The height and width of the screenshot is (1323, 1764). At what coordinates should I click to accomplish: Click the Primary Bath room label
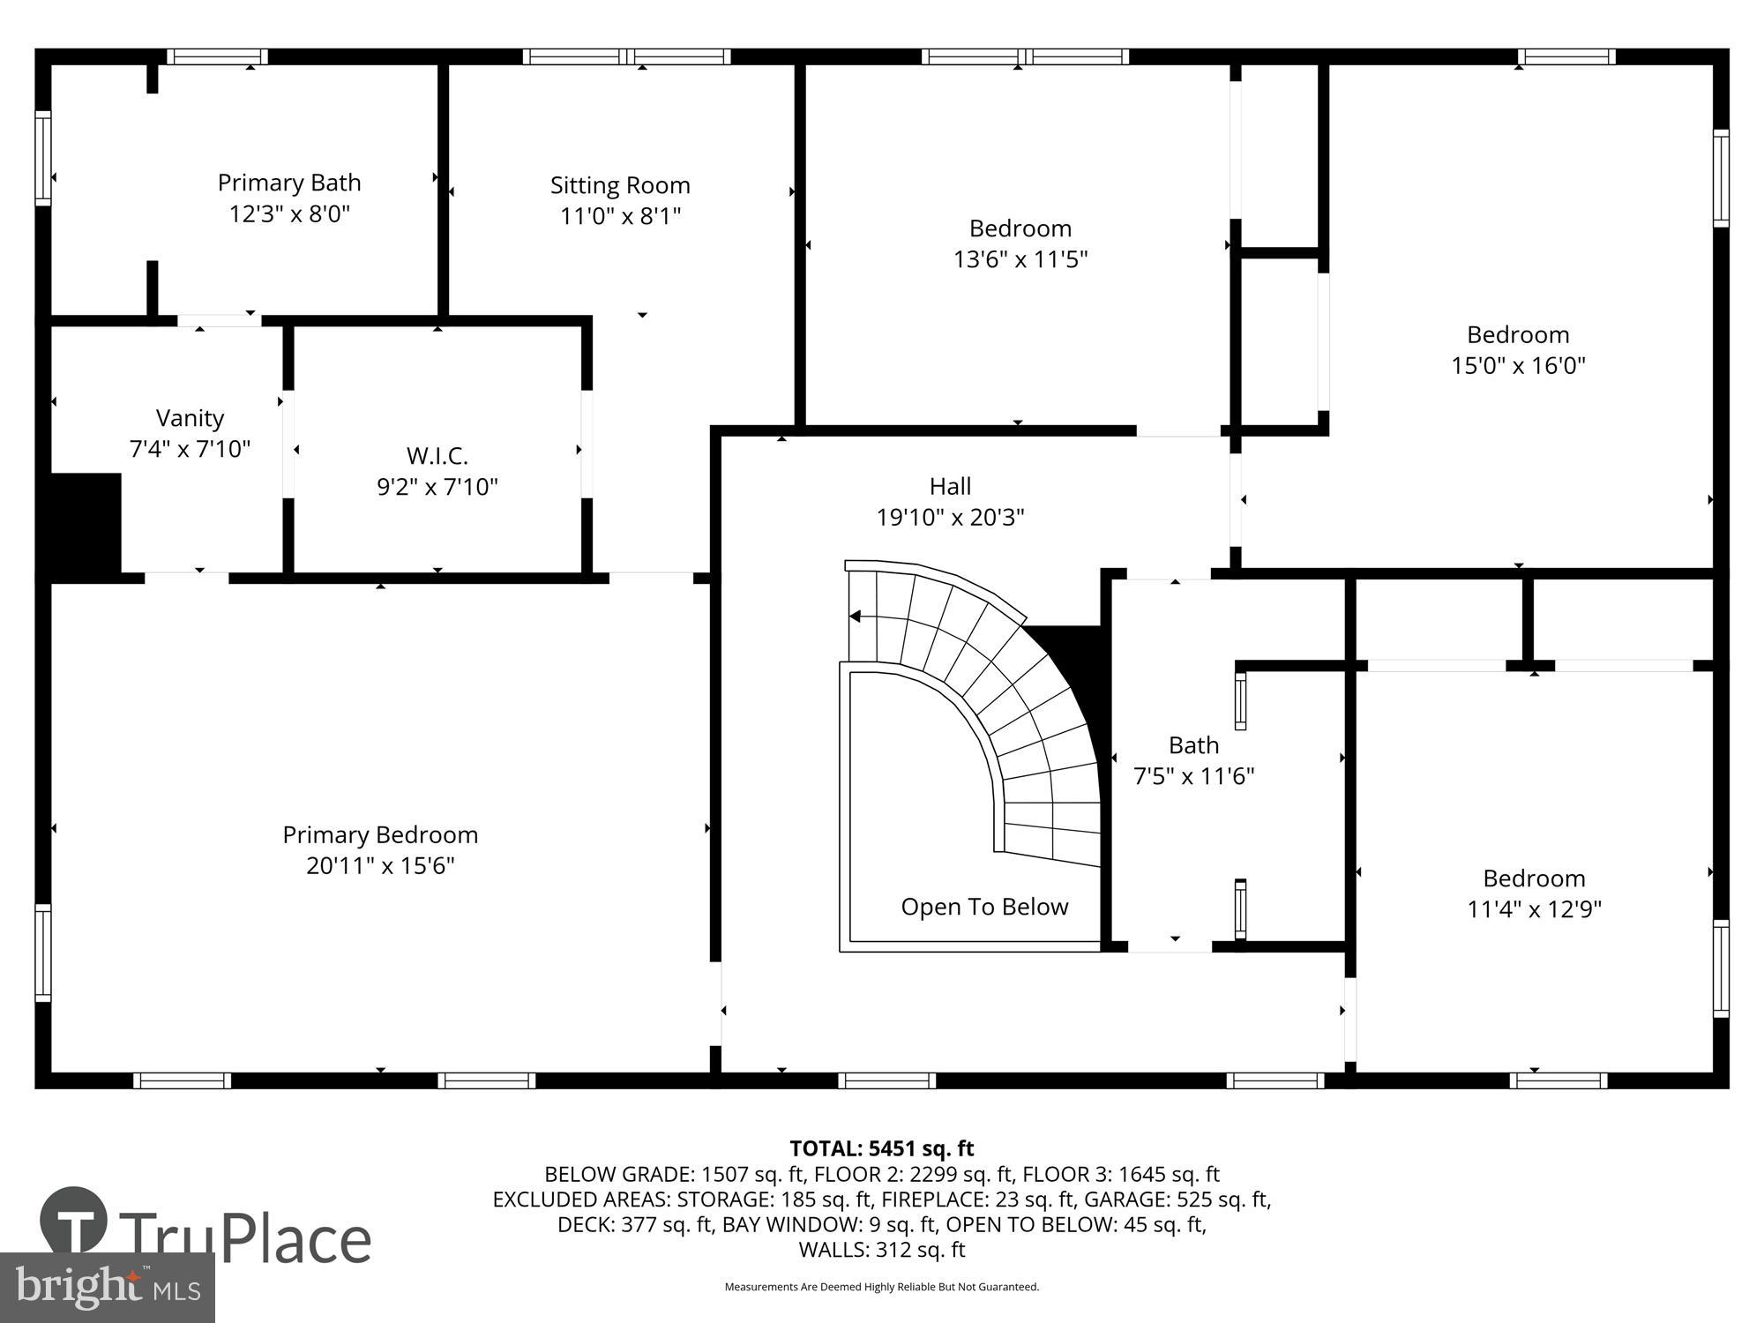[x=289, y=183]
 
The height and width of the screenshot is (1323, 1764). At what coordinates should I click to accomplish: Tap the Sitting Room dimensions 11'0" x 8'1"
[x=620, y=216]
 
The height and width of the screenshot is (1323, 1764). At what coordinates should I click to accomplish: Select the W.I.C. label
[x=437, y=456]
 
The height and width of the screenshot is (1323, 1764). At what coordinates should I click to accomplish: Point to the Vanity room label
[x=190, y=418]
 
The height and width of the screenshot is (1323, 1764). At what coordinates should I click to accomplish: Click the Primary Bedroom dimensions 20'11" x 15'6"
[x=380, y=866]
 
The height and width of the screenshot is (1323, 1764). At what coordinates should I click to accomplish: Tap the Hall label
[x=950, y=487]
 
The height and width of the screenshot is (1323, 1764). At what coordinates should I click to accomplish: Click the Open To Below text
[x=984, y=907]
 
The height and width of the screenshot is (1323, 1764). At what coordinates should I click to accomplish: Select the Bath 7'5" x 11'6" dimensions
[x=1193, y=776]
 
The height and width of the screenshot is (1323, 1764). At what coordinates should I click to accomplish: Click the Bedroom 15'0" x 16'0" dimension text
[x=1518, y=365]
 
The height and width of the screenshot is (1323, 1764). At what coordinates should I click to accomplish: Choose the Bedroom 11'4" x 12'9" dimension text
[x=1534, y=909]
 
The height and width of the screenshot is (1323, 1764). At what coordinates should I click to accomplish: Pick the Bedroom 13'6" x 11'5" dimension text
[x=1020, y=259]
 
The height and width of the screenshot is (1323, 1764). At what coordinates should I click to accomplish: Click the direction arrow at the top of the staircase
[x=855, y=617]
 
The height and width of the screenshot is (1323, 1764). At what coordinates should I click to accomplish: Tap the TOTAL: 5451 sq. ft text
[x=881, y=1148]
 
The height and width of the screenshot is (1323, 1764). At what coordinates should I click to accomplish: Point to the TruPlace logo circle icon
[x=74, y=1221]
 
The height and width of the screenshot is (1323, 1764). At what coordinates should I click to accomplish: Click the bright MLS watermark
[x=106, y=1288]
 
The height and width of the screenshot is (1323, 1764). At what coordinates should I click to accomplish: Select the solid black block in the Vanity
[x=85, y=525]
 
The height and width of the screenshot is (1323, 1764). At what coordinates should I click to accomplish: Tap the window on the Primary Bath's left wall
[x=43, y=158]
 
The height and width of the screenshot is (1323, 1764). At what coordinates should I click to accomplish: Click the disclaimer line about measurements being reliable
[x=881, y=1287]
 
